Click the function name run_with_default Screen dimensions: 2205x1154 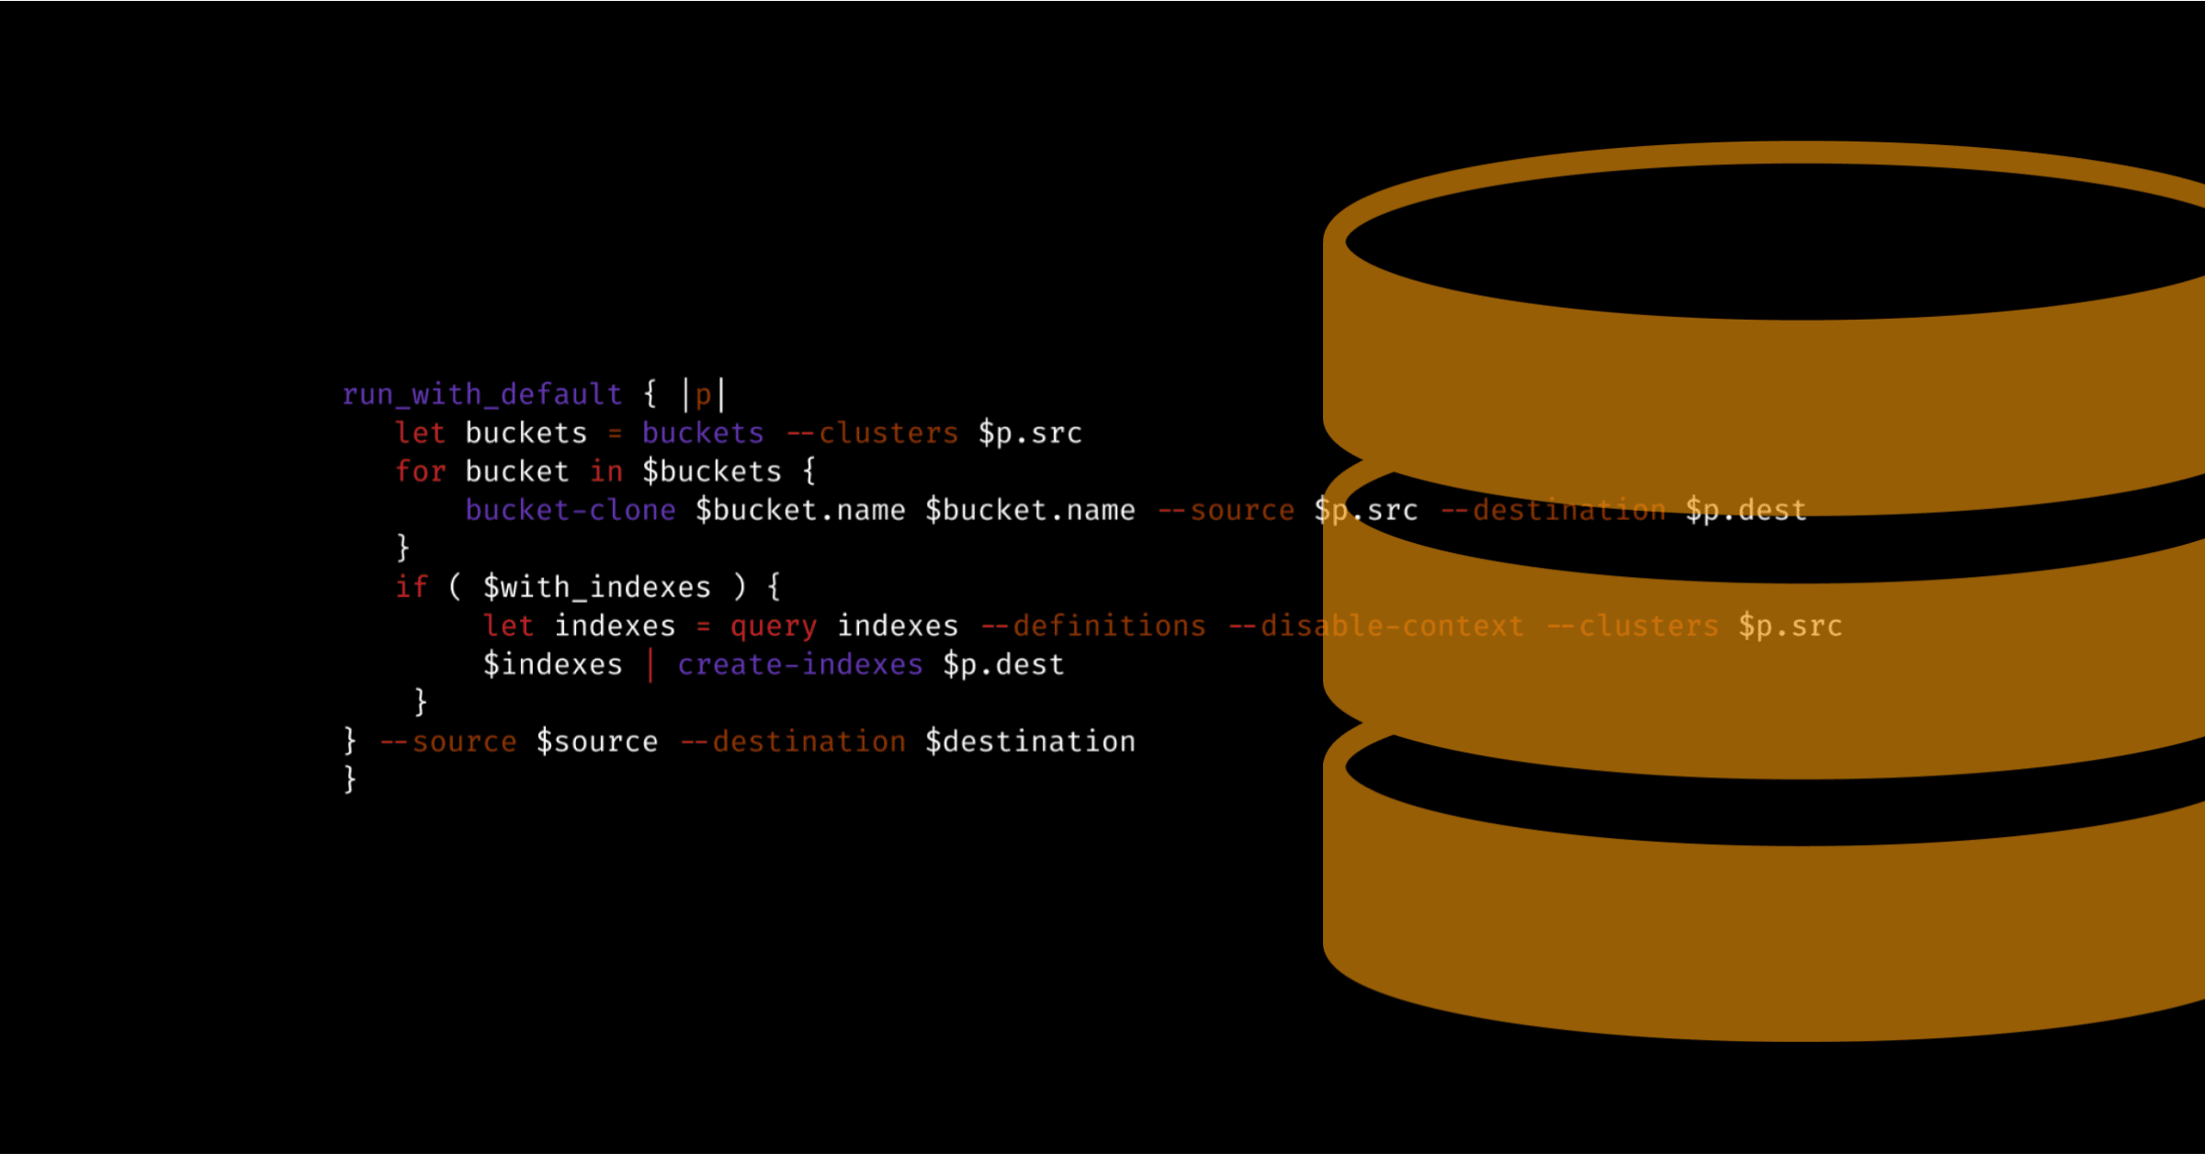[482, 395]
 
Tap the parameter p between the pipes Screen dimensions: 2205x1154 [703, 397]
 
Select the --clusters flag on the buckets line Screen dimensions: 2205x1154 [872, 433]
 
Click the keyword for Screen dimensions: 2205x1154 [421, 471]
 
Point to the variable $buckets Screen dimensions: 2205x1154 [712, 472]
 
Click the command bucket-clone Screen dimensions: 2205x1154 [571, 510]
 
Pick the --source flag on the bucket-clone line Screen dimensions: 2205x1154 [1226, 511]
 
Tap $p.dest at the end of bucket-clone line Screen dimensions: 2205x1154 [1746, 511]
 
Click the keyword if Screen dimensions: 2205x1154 [412, 587]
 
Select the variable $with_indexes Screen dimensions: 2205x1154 [597, 588]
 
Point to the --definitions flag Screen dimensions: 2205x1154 [1093, 626]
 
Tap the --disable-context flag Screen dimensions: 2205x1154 [1376, 626]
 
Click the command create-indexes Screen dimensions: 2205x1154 [800, 664]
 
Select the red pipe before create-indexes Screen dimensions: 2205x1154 [650, 665]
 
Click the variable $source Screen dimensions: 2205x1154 [597, 741]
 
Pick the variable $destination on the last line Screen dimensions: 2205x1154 [1030, 741]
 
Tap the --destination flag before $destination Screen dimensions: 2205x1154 [793, 741]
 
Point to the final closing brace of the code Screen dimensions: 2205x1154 [350, 779]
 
